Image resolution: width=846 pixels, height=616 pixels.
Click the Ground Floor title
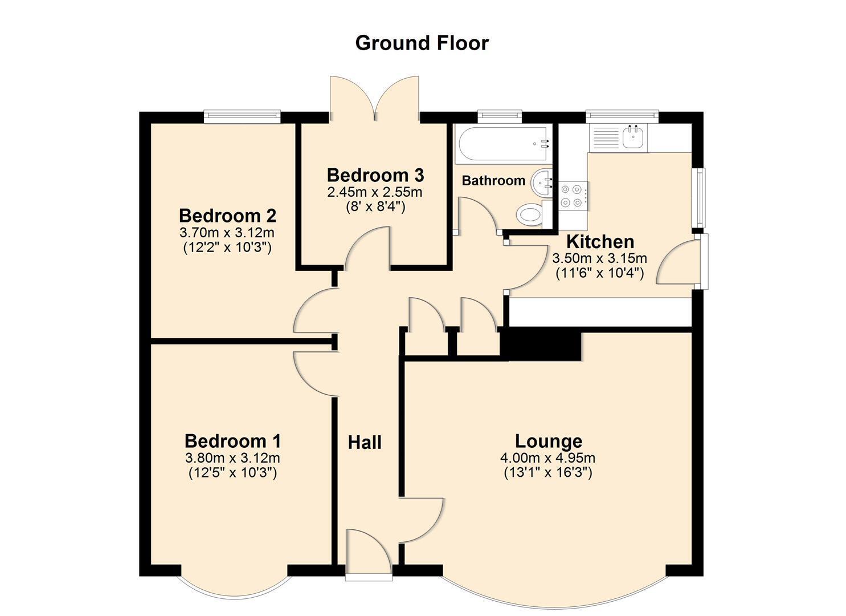[x=422, y=43]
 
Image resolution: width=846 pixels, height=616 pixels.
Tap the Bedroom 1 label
[x=232, y=441]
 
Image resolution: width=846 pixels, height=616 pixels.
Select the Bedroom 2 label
[x=227, y=216]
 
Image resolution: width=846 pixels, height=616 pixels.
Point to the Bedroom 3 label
[x=375, y=175]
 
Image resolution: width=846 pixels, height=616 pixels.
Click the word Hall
[x=365, y=443]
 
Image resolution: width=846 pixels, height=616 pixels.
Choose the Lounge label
[x=549, y=441]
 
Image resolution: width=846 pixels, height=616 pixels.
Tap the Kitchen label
[x=600, y=241]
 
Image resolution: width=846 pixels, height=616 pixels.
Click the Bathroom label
[x=493, y=181]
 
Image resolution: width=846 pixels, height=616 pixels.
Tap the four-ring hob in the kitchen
[x=574, y=196]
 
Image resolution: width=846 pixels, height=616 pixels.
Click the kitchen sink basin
[x=632, y=137]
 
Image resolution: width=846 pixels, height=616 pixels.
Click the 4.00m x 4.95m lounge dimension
[x=547, y=459]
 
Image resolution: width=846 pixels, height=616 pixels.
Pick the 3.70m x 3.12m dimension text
[x=227, y=232]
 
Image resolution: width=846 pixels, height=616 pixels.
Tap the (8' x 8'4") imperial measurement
[x=375, y=207]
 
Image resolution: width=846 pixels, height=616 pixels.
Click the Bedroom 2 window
[x=242, y=116]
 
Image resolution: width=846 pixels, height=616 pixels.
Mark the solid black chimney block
[x=541, y=345]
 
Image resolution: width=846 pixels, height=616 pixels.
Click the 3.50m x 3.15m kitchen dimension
[x=600, y=258]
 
